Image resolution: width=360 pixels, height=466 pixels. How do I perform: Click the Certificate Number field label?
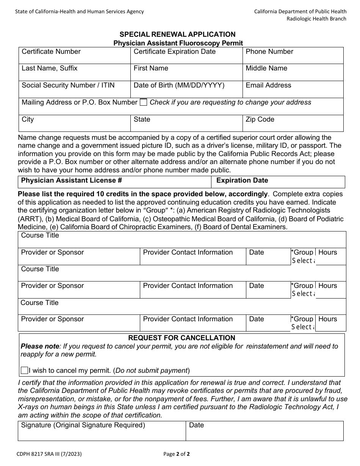[x=51, y=52]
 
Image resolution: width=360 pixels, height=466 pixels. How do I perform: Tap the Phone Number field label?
[x=269, y=52]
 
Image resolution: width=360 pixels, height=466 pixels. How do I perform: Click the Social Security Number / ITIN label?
[x=68, y=86]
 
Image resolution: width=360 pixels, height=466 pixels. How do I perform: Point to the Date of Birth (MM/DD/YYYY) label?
[x=179, y=86]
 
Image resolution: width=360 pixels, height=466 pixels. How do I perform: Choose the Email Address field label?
[x=268, y=86]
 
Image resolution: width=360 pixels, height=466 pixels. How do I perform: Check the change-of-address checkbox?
[x=143, y=102]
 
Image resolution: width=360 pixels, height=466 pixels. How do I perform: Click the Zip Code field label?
[x=260, y=120]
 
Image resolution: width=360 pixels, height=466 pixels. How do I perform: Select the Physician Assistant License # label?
[x=72, y=181]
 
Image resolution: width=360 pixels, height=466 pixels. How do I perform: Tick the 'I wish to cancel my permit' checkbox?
[x=25, y=371]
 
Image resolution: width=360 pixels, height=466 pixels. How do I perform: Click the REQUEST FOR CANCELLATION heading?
[x=182, y=338]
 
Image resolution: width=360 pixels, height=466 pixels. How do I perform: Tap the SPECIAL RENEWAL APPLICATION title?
[x=177, y=34]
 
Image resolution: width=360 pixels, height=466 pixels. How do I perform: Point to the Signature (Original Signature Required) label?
[x=83, y=425]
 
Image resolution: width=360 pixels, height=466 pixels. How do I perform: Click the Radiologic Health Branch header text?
[x=316, y=19]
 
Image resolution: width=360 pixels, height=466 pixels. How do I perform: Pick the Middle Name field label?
[x=266, y=69]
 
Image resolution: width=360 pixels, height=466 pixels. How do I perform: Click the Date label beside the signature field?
[x=196, y=425]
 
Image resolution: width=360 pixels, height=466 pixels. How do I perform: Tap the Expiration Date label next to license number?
[x=242, y=181]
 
